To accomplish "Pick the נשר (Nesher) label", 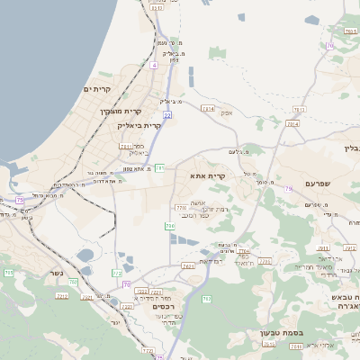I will (x=57, y=273).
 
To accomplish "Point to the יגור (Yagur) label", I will (x=114, y=321).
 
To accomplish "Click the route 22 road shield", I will (x=167, y=115).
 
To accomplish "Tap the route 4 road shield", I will (x=154, y=66).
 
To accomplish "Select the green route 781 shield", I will (x=159, y=167).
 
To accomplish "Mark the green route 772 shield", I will (x=117, y=272).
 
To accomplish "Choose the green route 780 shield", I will (x=73, y=283).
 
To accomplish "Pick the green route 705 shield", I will (x=9, y=272).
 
